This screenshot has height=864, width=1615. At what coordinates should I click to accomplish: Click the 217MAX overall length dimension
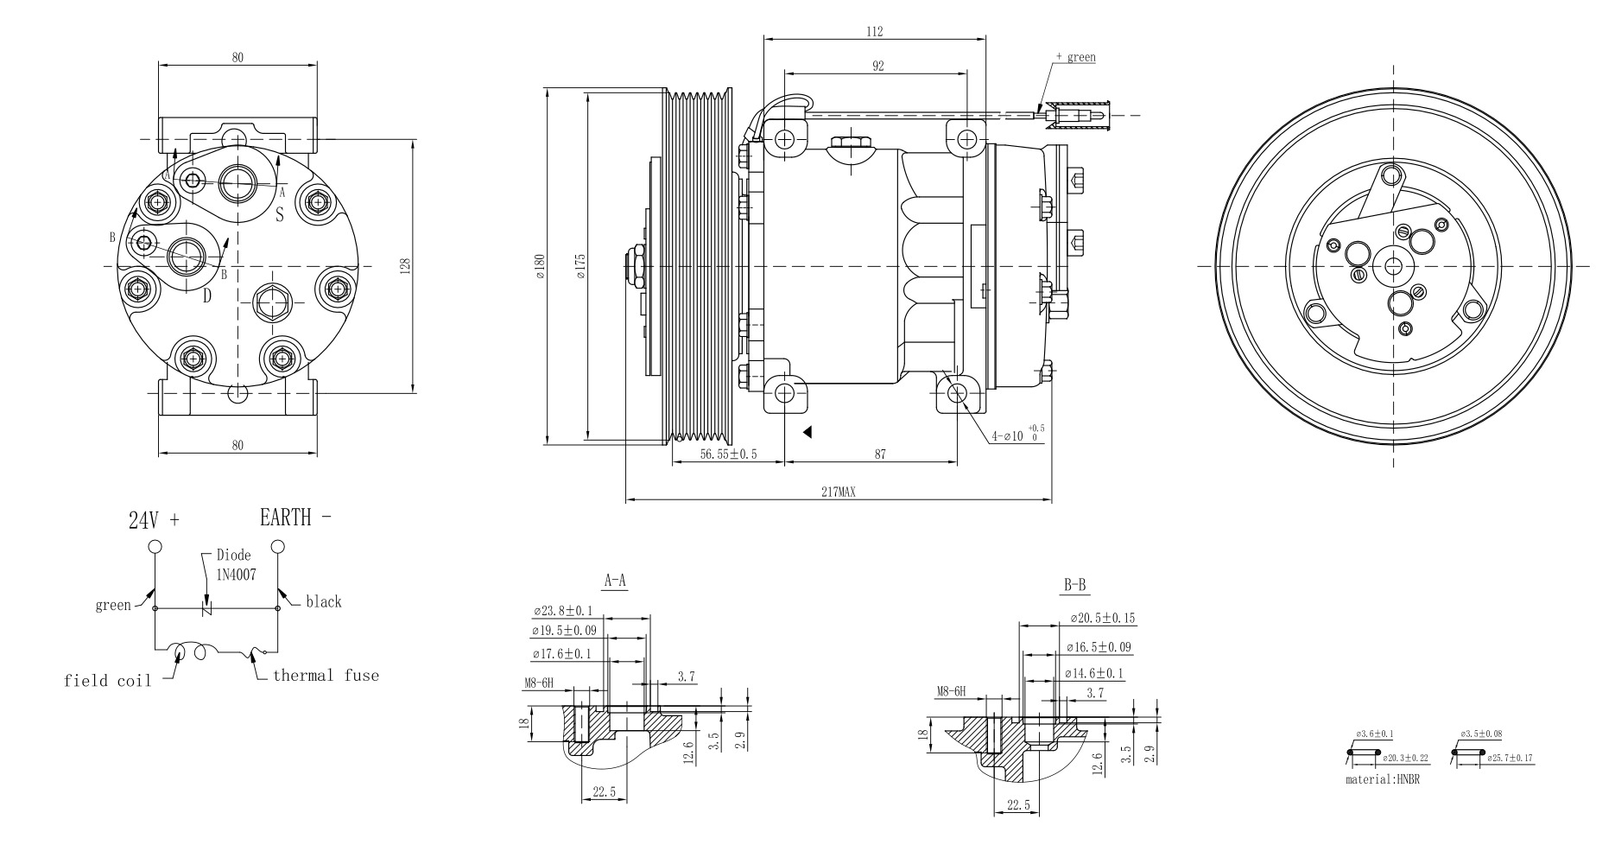[x=838, y=492]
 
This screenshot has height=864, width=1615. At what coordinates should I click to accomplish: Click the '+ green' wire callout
[x=1075, y=57]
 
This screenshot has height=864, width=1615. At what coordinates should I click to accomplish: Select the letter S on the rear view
[x=280, y=214]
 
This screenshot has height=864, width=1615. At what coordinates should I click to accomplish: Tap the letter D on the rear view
[x=207, y=296]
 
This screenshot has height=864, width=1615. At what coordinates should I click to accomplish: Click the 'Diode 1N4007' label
[x=234, y=564]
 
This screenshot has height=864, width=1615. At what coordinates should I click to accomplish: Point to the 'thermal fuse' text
[x=326, y=676]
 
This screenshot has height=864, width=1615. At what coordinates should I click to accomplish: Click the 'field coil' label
[x=107, y=681]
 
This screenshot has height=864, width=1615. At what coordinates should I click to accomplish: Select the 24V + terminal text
[x=155, y=520]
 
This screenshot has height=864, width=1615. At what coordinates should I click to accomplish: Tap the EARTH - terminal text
[x=294, y=518]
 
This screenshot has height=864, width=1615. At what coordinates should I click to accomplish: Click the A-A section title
[x=615, y=581]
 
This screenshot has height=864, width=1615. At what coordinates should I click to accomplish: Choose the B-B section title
[x=1074, y=586]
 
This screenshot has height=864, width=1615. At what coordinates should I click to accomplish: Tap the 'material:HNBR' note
[x=1382, y=778]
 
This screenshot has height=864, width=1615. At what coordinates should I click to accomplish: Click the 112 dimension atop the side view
[x=874, y=32]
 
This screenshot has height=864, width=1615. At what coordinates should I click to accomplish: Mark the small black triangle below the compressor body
[x=807, y=432]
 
